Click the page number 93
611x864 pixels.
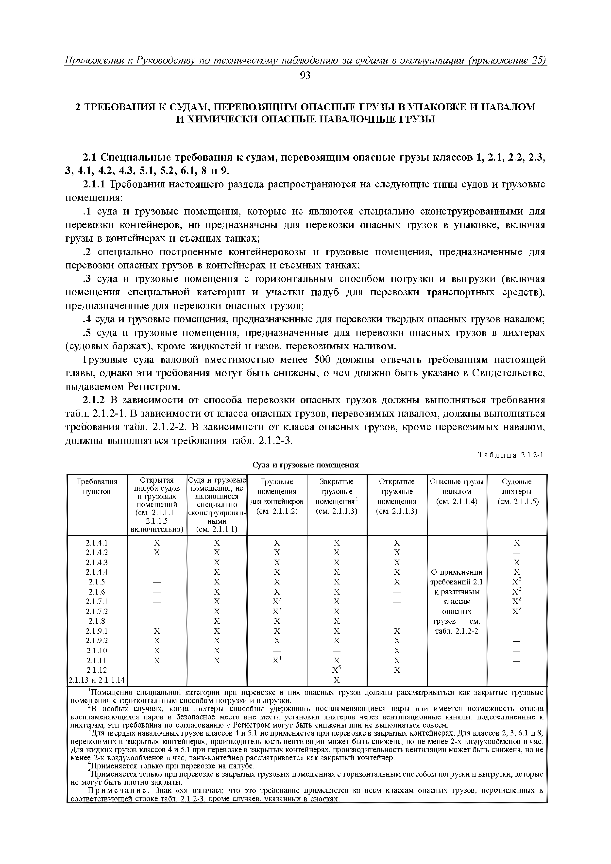point(305,76)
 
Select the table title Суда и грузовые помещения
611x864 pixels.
point(305,465)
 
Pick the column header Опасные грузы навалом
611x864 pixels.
point(457,491)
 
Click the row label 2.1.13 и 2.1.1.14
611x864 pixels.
point(97,680)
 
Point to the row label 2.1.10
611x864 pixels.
point(97,651)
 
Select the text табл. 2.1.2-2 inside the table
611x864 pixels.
point(457,631)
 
